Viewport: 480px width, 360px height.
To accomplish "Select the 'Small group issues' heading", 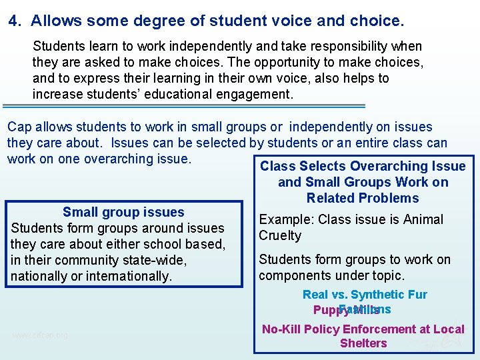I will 123,212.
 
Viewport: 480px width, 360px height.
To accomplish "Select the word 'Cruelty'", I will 280,235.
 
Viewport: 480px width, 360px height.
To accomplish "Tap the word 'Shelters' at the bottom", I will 363,343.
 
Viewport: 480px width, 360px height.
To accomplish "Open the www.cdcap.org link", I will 40,335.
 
